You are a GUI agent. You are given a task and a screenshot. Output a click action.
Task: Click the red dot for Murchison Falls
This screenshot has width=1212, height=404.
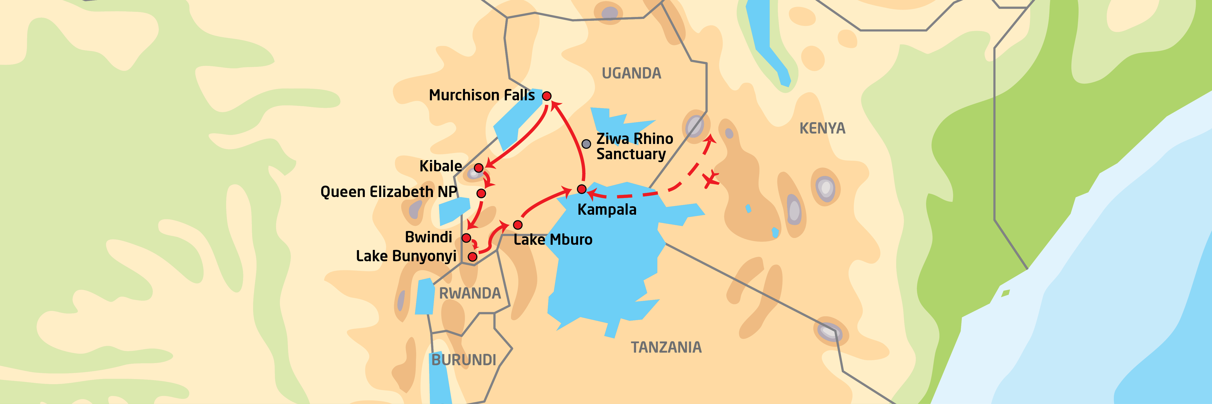click(546, 96)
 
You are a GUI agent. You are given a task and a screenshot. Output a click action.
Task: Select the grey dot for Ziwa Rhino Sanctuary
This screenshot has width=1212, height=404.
click(586, 144)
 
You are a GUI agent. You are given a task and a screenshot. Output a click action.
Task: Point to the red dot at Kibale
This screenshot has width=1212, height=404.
click(478, 168)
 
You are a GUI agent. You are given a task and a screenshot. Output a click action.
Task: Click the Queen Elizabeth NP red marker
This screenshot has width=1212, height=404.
click(481, 193)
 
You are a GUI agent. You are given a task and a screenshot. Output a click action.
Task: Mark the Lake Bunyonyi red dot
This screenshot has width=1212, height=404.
click(472, 257)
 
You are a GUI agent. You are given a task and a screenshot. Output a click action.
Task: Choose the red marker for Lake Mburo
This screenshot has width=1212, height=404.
click(518, 225)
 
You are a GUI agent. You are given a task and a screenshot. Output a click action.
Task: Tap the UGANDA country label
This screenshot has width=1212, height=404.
click(631, 73)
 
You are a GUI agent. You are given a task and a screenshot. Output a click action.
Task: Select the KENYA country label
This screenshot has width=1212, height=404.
click(822, 128)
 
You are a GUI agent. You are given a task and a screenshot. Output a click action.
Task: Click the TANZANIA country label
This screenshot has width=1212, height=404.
click(666, 348)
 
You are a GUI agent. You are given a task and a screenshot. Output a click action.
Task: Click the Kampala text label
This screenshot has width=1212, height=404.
click(607, 210)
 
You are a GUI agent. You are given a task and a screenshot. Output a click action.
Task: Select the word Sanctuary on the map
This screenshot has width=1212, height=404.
click(631, 154)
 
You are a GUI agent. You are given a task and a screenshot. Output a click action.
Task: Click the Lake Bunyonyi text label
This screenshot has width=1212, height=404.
click(406, 256)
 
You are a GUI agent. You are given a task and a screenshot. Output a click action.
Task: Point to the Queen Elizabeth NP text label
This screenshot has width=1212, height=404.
click(389, 192)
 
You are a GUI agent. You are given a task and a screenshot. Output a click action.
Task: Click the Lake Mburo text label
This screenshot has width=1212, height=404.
click(553, 240)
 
